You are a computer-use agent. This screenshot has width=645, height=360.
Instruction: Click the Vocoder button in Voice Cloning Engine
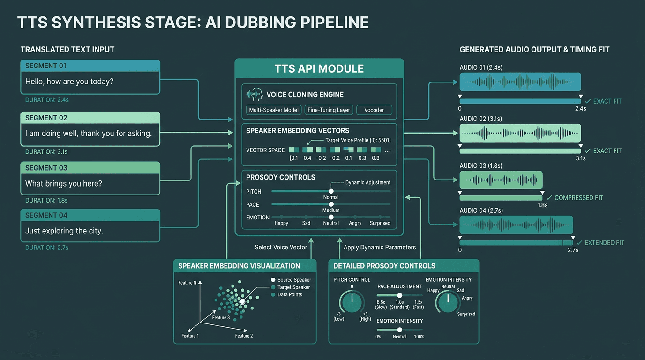(x=374, y=110)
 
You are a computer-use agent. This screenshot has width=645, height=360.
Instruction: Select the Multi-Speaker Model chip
(x=274, y=110)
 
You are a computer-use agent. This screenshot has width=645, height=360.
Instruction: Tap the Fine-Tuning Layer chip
(x=329, y=110)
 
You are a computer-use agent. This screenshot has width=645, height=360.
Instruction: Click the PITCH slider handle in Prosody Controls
(x=331, y=191)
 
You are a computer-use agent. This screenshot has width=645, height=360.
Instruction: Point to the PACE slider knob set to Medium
(x=331, y=204)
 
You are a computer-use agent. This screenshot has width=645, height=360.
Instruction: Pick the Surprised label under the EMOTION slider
(x=380, y=223)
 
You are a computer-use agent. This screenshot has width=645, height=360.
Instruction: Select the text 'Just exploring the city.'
(x=64, y=231)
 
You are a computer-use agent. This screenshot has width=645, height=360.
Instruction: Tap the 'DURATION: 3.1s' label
(x=46, y=152)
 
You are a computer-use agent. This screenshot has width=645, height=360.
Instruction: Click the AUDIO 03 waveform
(x=501, y=180)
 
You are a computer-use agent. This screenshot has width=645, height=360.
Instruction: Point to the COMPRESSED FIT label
(x=579, y=198)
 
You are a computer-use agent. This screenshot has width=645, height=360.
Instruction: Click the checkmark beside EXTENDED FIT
(x=579, y=243)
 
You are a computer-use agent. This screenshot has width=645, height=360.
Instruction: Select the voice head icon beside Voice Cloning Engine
(x=255, y=95)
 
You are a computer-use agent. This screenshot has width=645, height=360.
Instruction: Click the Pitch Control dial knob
(x=352, y=302)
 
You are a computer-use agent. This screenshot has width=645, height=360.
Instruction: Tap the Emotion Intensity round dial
(x=448, y=302)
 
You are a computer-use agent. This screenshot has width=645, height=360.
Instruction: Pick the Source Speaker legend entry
(x=291, y=280)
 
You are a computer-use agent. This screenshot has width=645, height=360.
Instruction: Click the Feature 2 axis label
(x=244, y=336)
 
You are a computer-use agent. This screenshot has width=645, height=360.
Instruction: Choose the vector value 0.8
(x=375, y=158)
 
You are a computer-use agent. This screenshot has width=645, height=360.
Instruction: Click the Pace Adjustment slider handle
(x=400, y=295)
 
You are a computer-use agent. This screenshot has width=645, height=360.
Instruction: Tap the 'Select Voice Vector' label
(x=281, y=247)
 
